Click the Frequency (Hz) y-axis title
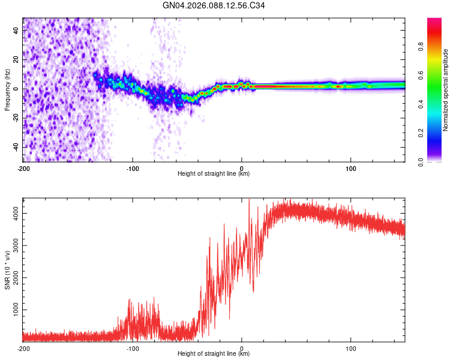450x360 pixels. point(8,90)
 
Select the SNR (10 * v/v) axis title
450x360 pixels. point(8,270)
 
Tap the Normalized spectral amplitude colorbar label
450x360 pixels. point(445,90)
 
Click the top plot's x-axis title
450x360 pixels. point(214,174)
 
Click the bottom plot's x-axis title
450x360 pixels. point(214,354)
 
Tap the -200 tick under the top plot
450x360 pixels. point(23,167)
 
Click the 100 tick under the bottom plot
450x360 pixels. point(350,347)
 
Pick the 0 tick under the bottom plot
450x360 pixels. point(242,347)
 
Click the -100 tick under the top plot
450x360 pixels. point(133,167)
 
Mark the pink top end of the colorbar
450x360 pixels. point(434,21)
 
